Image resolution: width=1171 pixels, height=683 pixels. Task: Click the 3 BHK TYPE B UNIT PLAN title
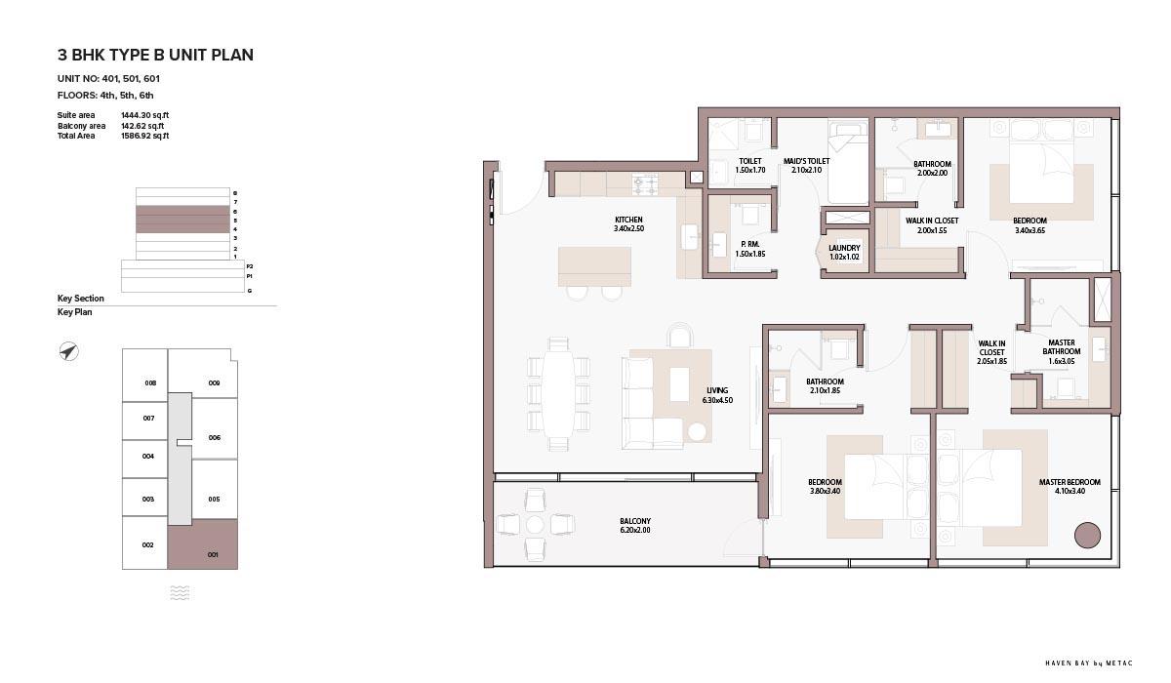[155, 55]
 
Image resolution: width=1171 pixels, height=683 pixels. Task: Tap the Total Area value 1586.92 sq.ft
[144, 136]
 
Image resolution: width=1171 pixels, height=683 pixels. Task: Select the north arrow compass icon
[68, 351]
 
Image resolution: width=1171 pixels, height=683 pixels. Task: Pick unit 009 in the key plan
[214, 383]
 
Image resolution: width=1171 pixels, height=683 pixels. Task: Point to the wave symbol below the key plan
[180, 592]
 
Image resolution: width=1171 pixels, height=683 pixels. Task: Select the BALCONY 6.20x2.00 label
[635, 525]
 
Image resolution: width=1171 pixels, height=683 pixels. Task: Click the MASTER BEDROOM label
[1070, 482]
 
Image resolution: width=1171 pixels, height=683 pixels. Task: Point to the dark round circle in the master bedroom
[1087, 535]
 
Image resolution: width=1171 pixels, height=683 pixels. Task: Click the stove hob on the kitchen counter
[645, 185]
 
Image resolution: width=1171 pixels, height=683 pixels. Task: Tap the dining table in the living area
[558, 394]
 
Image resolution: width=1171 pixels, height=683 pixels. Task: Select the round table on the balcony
[535, 524]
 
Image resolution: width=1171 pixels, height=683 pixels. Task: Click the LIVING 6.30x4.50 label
[717, 395]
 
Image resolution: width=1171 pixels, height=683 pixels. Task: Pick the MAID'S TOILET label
[806, 161]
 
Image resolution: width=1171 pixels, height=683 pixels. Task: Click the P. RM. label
[750, 244]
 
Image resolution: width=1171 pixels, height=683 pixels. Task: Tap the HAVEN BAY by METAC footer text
[1089, 663]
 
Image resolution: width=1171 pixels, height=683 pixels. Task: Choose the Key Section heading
[80, 299]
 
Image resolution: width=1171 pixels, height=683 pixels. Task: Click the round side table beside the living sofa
[697, 431]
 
